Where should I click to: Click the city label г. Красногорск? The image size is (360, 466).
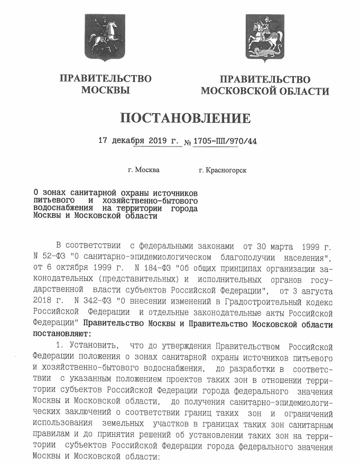coord(221,171)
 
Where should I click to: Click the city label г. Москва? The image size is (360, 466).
coord(143,171)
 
